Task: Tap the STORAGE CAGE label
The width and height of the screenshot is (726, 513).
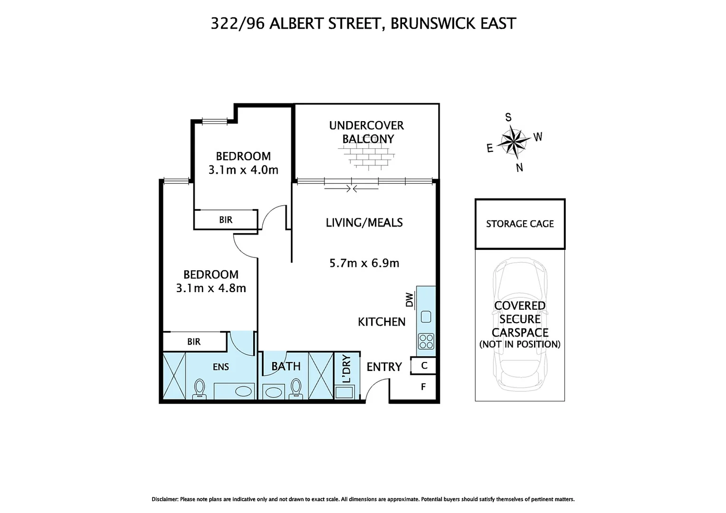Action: [x=520, y=224]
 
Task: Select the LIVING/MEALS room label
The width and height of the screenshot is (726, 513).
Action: [x=364, y=222]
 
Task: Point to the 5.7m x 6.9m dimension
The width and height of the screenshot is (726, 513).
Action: [x=364, y=263]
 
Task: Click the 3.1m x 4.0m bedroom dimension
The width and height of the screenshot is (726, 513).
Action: [x=243, y=170]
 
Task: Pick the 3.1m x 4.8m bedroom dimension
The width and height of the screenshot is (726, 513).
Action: [x=211, y=288]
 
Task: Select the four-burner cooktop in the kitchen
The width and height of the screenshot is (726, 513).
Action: [x=426, y=341]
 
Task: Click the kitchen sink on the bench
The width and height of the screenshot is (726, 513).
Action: [x=426, y=316]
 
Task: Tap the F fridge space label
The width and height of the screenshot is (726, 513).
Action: [x=423, y=387]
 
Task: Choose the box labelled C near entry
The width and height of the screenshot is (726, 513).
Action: [x=424, y=366]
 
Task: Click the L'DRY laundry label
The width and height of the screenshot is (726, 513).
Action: [x=346, y=369]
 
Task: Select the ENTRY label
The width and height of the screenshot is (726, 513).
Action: [x=384, y=367]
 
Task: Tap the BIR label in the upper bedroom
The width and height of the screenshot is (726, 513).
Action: [x=226, y=220]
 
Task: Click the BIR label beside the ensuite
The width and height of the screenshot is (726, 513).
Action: [x=194, y=342]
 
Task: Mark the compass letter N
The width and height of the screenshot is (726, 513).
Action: [x=519, y=168]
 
